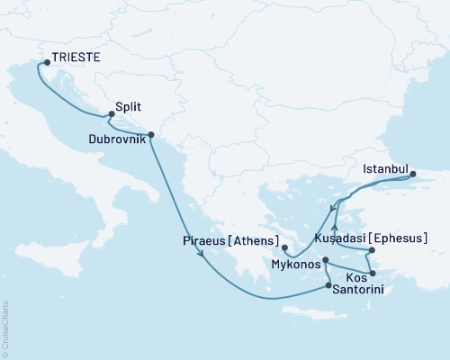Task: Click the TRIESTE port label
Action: coord(76,57)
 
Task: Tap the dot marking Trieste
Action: coord(47,63)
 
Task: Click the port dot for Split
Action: coord(111,114)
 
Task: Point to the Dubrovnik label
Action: coord(119,139)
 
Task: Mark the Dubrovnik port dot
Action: coord(150,135)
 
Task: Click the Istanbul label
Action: coord(384,167)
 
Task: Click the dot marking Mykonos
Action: coord(326,260)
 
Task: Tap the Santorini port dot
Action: coord(328,286)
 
